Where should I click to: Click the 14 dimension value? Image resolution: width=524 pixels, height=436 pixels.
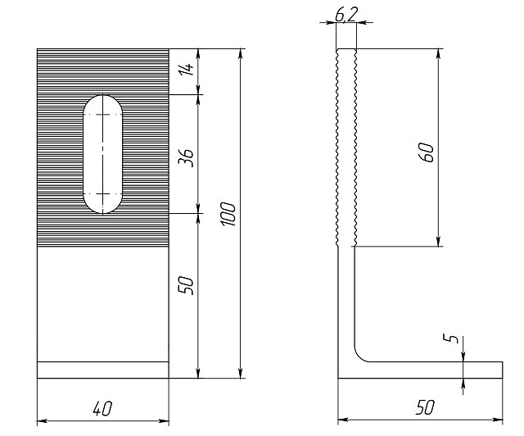point(189,70)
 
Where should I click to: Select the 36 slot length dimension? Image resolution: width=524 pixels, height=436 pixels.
point(186,158)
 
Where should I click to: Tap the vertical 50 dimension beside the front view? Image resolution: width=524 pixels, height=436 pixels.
point(186,285)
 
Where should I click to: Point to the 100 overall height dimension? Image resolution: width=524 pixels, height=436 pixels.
point(228,214)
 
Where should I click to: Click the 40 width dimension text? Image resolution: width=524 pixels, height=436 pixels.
point(103,409)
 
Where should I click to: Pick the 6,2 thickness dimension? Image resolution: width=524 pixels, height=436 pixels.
point(346,15)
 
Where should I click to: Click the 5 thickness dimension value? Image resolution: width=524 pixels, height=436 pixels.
point(453,338)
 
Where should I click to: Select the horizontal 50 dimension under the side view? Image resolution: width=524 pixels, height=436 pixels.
point(425,407)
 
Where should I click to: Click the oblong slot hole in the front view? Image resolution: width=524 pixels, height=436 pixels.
point(103,154)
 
